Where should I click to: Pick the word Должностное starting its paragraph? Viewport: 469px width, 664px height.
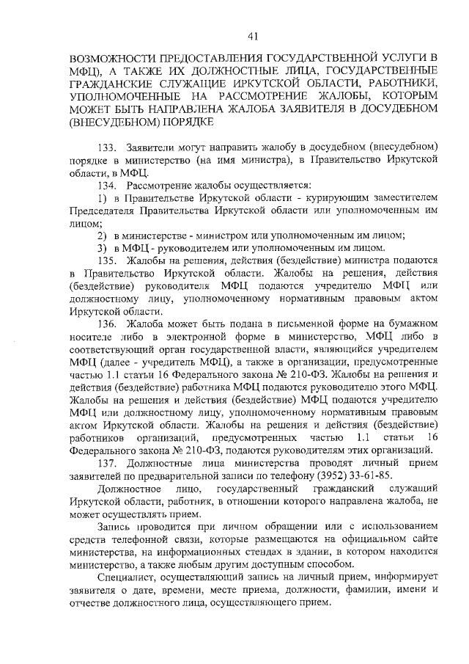point(130,490)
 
